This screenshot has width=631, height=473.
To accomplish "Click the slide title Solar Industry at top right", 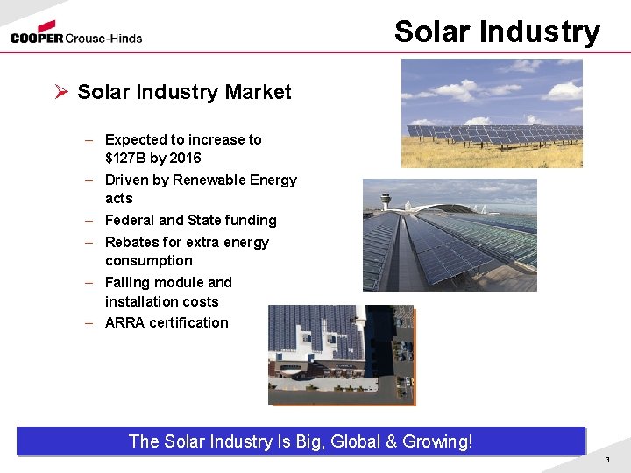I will coord(497,32).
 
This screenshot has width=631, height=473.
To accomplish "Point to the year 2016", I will coord(185,158).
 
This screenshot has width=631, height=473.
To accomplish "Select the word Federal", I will coord(131,220).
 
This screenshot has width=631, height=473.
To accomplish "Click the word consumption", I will coord(148,260).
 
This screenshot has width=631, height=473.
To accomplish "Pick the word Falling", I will coord(128,282).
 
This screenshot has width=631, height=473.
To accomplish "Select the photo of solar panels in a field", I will coord(492,113).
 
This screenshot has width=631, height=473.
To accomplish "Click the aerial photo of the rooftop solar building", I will coord(341,354).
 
